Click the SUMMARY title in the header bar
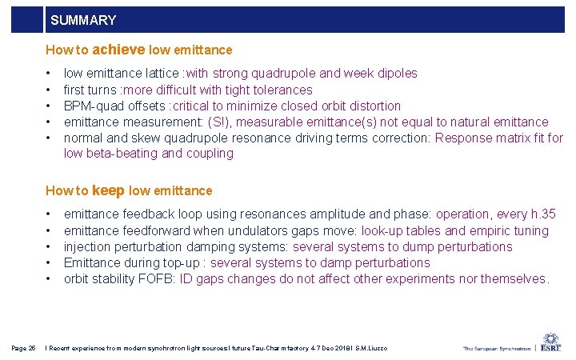point(82,20)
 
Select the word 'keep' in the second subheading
point(109,190)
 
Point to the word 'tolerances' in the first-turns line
point(283,90)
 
